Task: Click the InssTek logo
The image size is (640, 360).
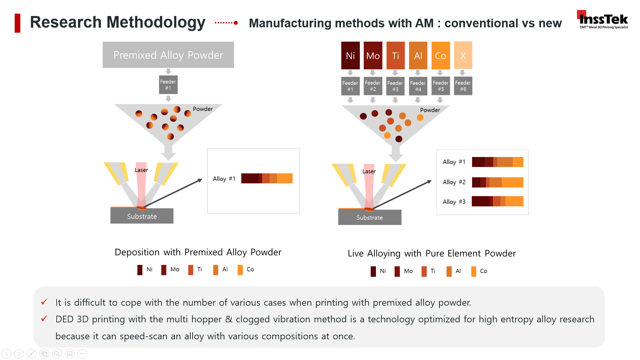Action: pos(603,20)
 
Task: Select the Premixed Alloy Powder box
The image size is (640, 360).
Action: pos(168,55)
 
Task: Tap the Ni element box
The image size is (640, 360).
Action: pos(350,55)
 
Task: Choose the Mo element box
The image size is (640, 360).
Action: pos(373,55)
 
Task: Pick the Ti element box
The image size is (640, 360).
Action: pos(395,55)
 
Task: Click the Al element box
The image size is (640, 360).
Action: pos(418,55)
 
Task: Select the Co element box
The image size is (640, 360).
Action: pos(440,55)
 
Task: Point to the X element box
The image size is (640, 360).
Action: pos(463,55)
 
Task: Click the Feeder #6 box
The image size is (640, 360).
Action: pos(463,86)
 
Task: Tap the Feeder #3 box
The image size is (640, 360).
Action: pos(395,86)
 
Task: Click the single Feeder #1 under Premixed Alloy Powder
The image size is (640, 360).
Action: pos(168,85)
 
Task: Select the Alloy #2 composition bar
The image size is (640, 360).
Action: pos(497,182)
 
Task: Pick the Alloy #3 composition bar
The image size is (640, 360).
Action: pos(497,201)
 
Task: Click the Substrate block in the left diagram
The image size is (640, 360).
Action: pos(142,216)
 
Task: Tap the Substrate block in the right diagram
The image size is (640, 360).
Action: pos(369,218)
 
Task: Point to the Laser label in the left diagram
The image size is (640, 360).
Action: pos(141,170)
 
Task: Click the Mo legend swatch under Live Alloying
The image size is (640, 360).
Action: pos(397,271)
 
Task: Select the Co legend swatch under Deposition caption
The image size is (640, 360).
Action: pos(240,270)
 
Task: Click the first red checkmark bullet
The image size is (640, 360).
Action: pos(44,302)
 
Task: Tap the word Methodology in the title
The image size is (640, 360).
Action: pos(156,23)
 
